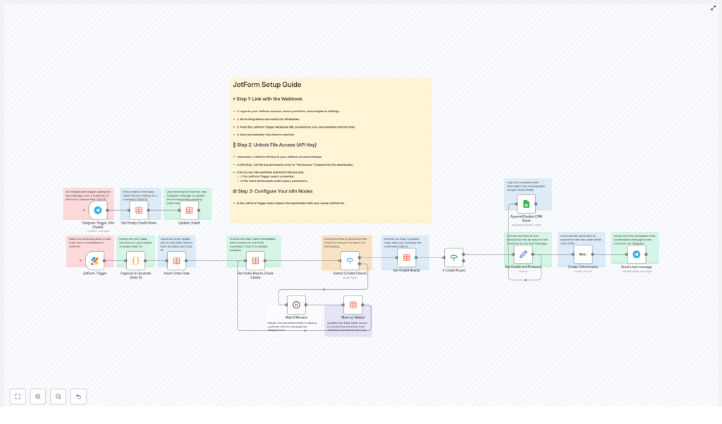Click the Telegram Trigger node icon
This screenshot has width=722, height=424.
pos(98,210)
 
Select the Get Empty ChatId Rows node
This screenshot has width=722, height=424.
pos(139,210)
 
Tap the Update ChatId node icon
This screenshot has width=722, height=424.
pos(189,210)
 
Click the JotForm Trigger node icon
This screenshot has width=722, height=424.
pos(94,260)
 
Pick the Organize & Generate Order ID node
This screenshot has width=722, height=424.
pos(136,260)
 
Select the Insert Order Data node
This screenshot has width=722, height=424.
pos(176,260)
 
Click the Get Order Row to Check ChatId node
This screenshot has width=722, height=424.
pos(255,260)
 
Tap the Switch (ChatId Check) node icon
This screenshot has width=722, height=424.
pos(350,260)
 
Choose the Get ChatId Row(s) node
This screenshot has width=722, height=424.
pos(406,258)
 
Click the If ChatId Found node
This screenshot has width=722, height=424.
pos(454,258)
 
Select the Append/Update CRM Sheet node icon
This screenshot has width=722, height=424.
pos(526,204)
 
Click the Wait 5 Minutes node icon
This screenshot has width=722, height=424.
pos(296,305)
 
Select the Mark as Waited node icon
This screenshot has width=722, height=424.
pos(353,305)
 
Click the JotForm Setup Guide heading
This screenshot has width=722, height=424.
pos(267,85)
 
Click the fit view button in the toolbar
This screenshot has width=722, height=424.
pos(18,396)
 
